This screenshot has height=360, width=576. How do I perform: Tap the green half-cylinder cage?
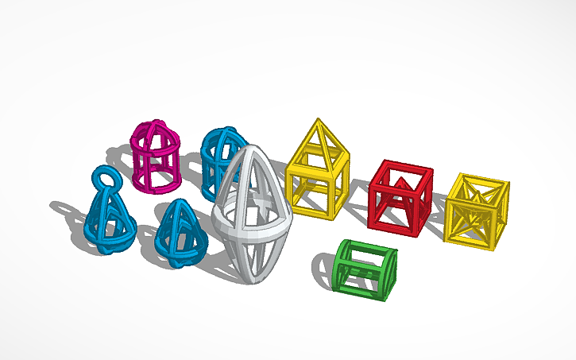click(x=364, y=270)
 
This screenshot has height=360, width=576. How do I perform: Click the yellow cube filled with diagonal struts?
click(x=476, y=210)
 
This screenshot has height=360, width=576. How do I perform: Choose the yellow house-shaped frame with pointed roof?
click(x=317, y=171)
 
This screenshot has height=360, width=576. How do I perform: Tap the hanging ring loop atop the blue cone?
click(x=106, y=177)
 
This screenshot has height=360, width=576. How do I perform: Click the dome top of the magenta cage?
click(x=153, y=127)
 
